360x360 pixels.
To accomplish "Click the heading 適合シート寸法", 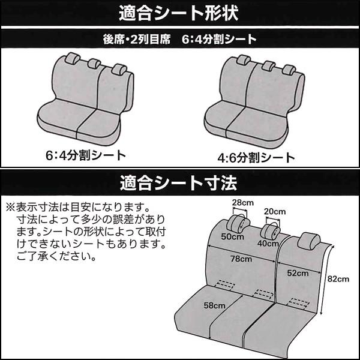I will tap(180, 179).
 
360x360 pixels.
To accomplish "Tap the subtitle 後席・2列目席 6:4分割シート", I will tap(180, 40).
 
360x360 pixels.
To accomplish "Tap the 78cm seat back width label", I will tap(244, 259).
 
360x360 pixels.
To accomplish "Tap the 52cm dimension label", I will tap(298, 273).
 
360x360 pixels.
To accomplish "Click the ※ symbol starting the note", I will tap(9, 206).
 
